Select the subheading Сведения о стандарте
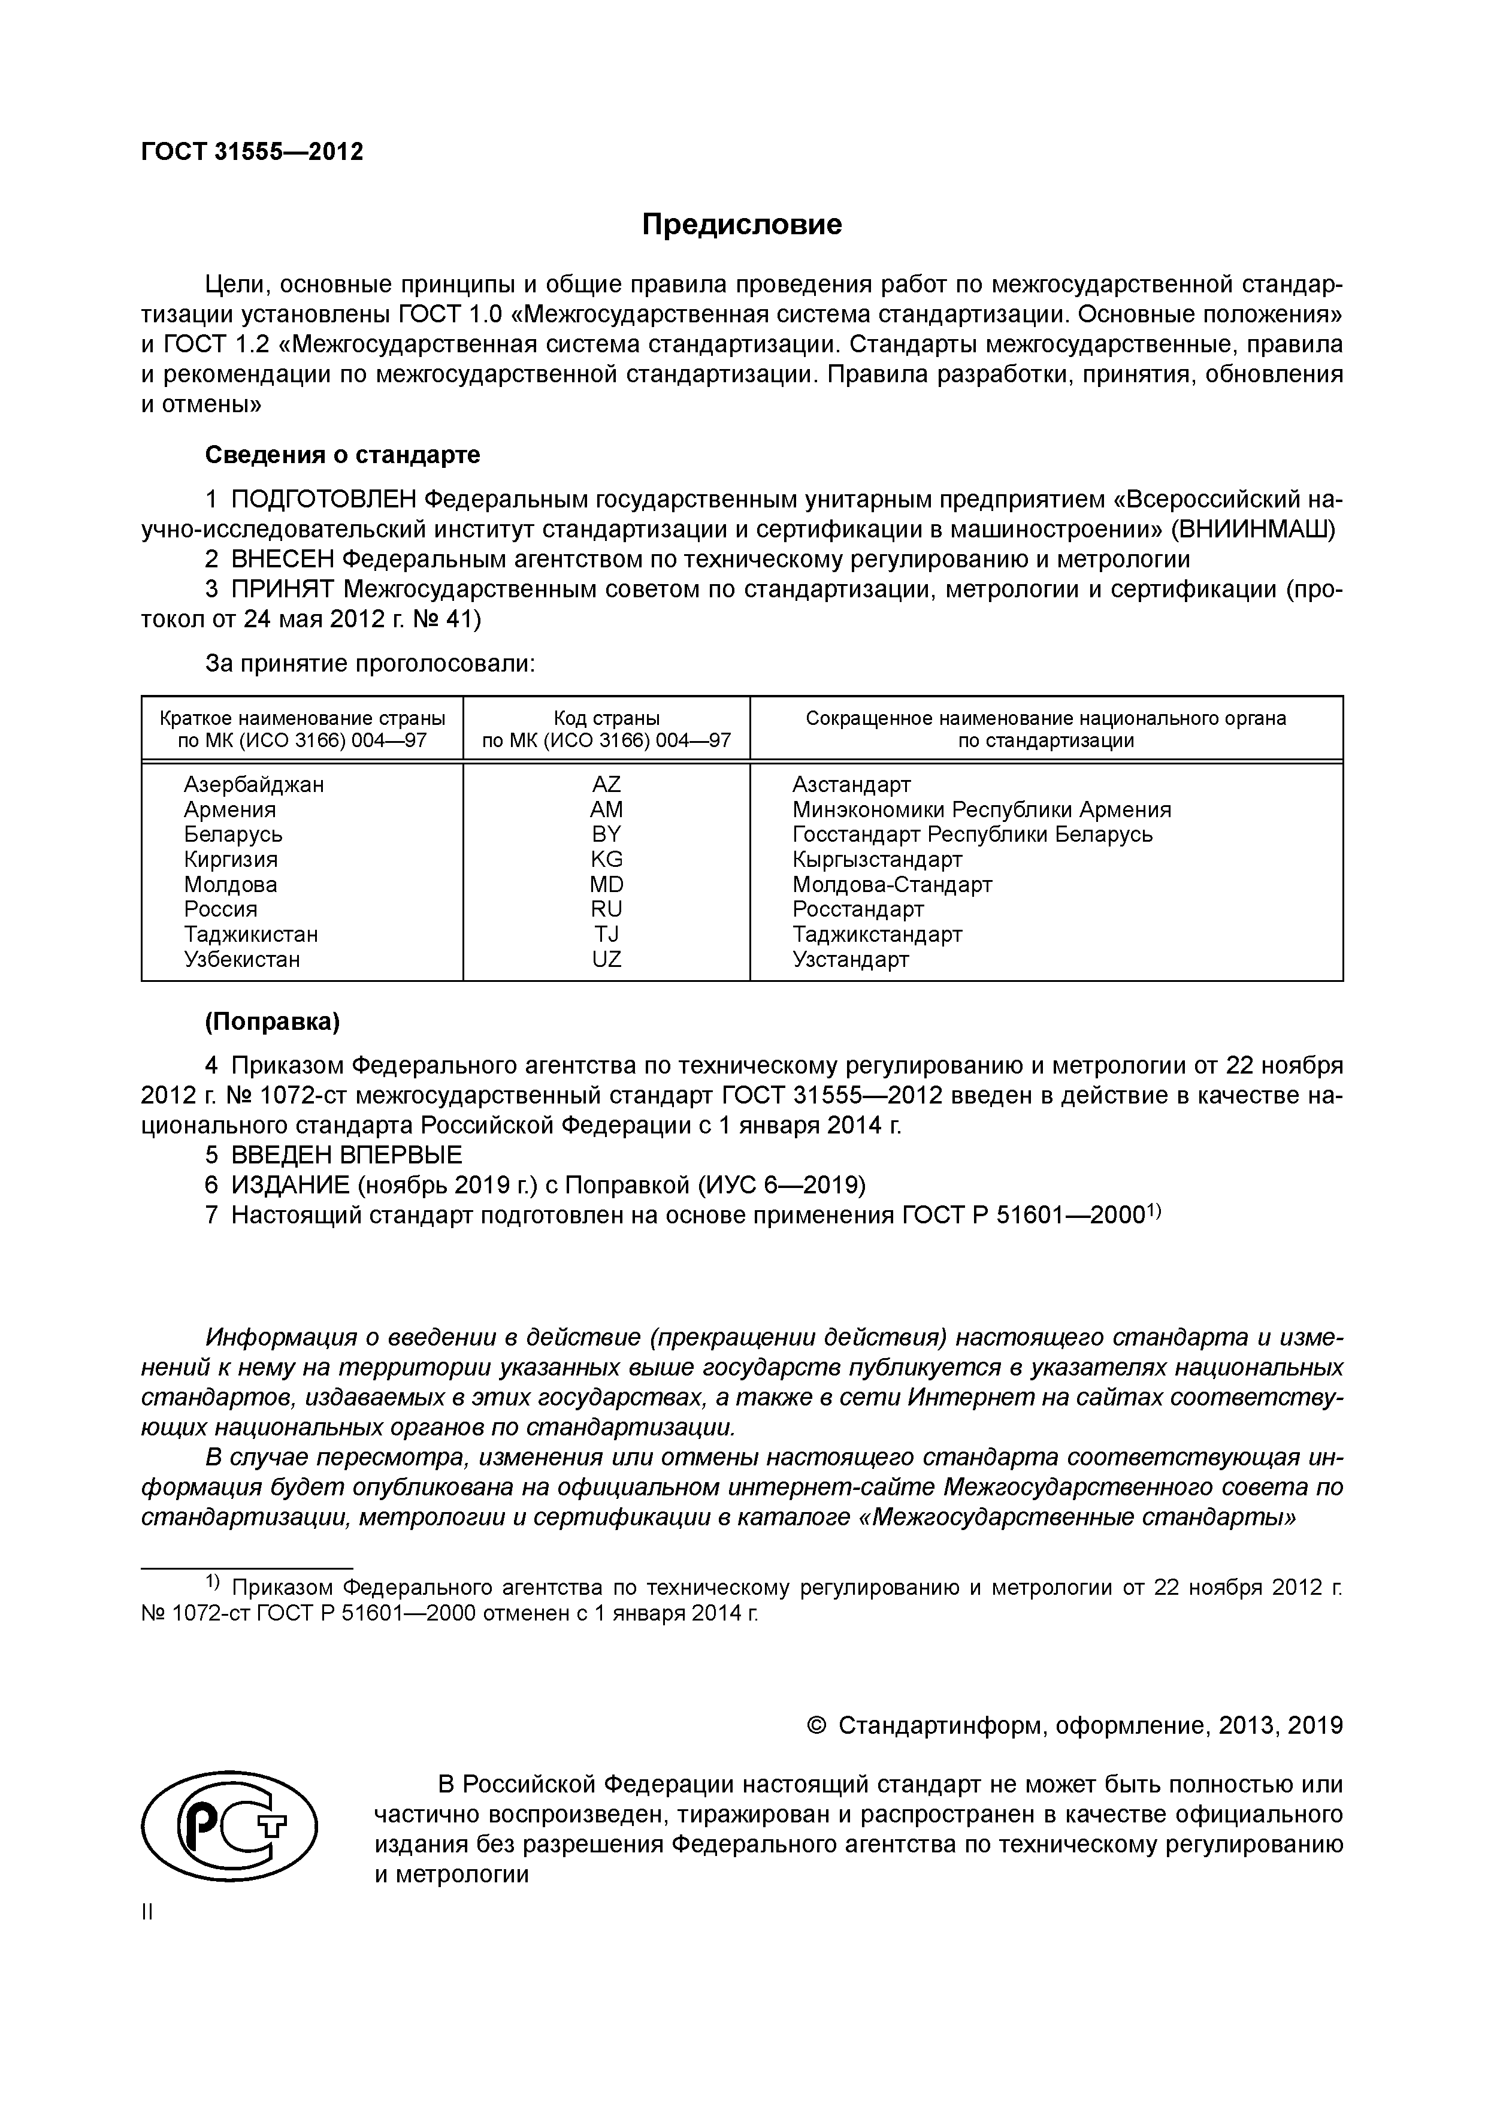click(342, 455)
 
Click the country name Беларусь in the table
click(233, 835)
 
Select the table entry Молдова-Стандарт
click(891, 885)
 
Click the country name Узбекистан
click(241, 960)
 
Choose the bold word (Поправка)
click(273, 1021)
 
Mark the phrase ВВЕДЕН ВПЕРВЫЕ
click(347, 1155)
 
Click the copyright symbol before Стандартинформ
click(817, 1726)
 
